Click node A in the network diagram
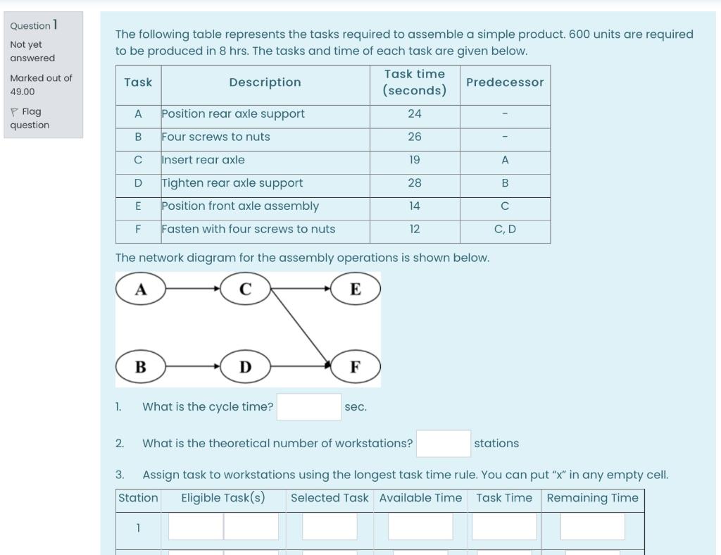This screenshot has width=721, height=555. [141, 289]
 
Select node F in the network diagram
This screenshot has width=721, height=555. [355, 367]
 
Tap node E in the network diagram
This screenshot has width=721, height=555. [355, 289]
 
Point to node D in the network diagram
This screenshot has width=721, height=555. [245, 367]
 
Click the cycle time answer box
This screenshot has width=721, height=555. [308, 407]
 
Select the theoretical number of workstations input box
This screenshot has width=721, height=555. [443, 444]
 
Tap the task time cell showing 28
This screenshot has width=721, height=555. [415, 183]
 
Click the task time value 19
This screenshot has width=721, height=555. [415, 160]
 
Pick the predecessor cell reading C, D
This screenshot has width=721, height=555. [505, 229]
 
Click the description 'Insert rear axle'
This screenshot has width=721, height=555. [203, 160]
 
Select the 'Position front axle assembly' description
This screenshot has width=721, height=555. [240, 206]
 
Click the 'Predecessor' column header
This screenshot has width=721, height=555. [505, 82]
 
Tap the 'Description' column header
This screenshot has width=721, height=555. [265, 82]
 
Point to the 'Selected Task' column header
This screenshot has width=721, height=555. [330, 498]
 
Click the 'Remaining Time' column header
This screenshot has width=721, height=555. [592, 498]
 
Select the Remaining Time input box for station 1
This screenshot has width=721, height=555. [592, 527]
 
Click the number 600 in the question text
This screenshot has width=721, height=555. [579, 35]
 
